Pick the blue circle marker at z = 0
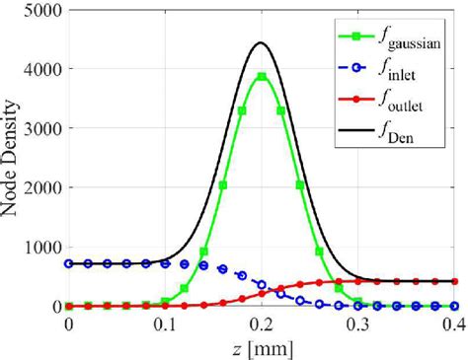point(68,263)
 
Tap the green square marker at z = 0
point(68,306)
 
